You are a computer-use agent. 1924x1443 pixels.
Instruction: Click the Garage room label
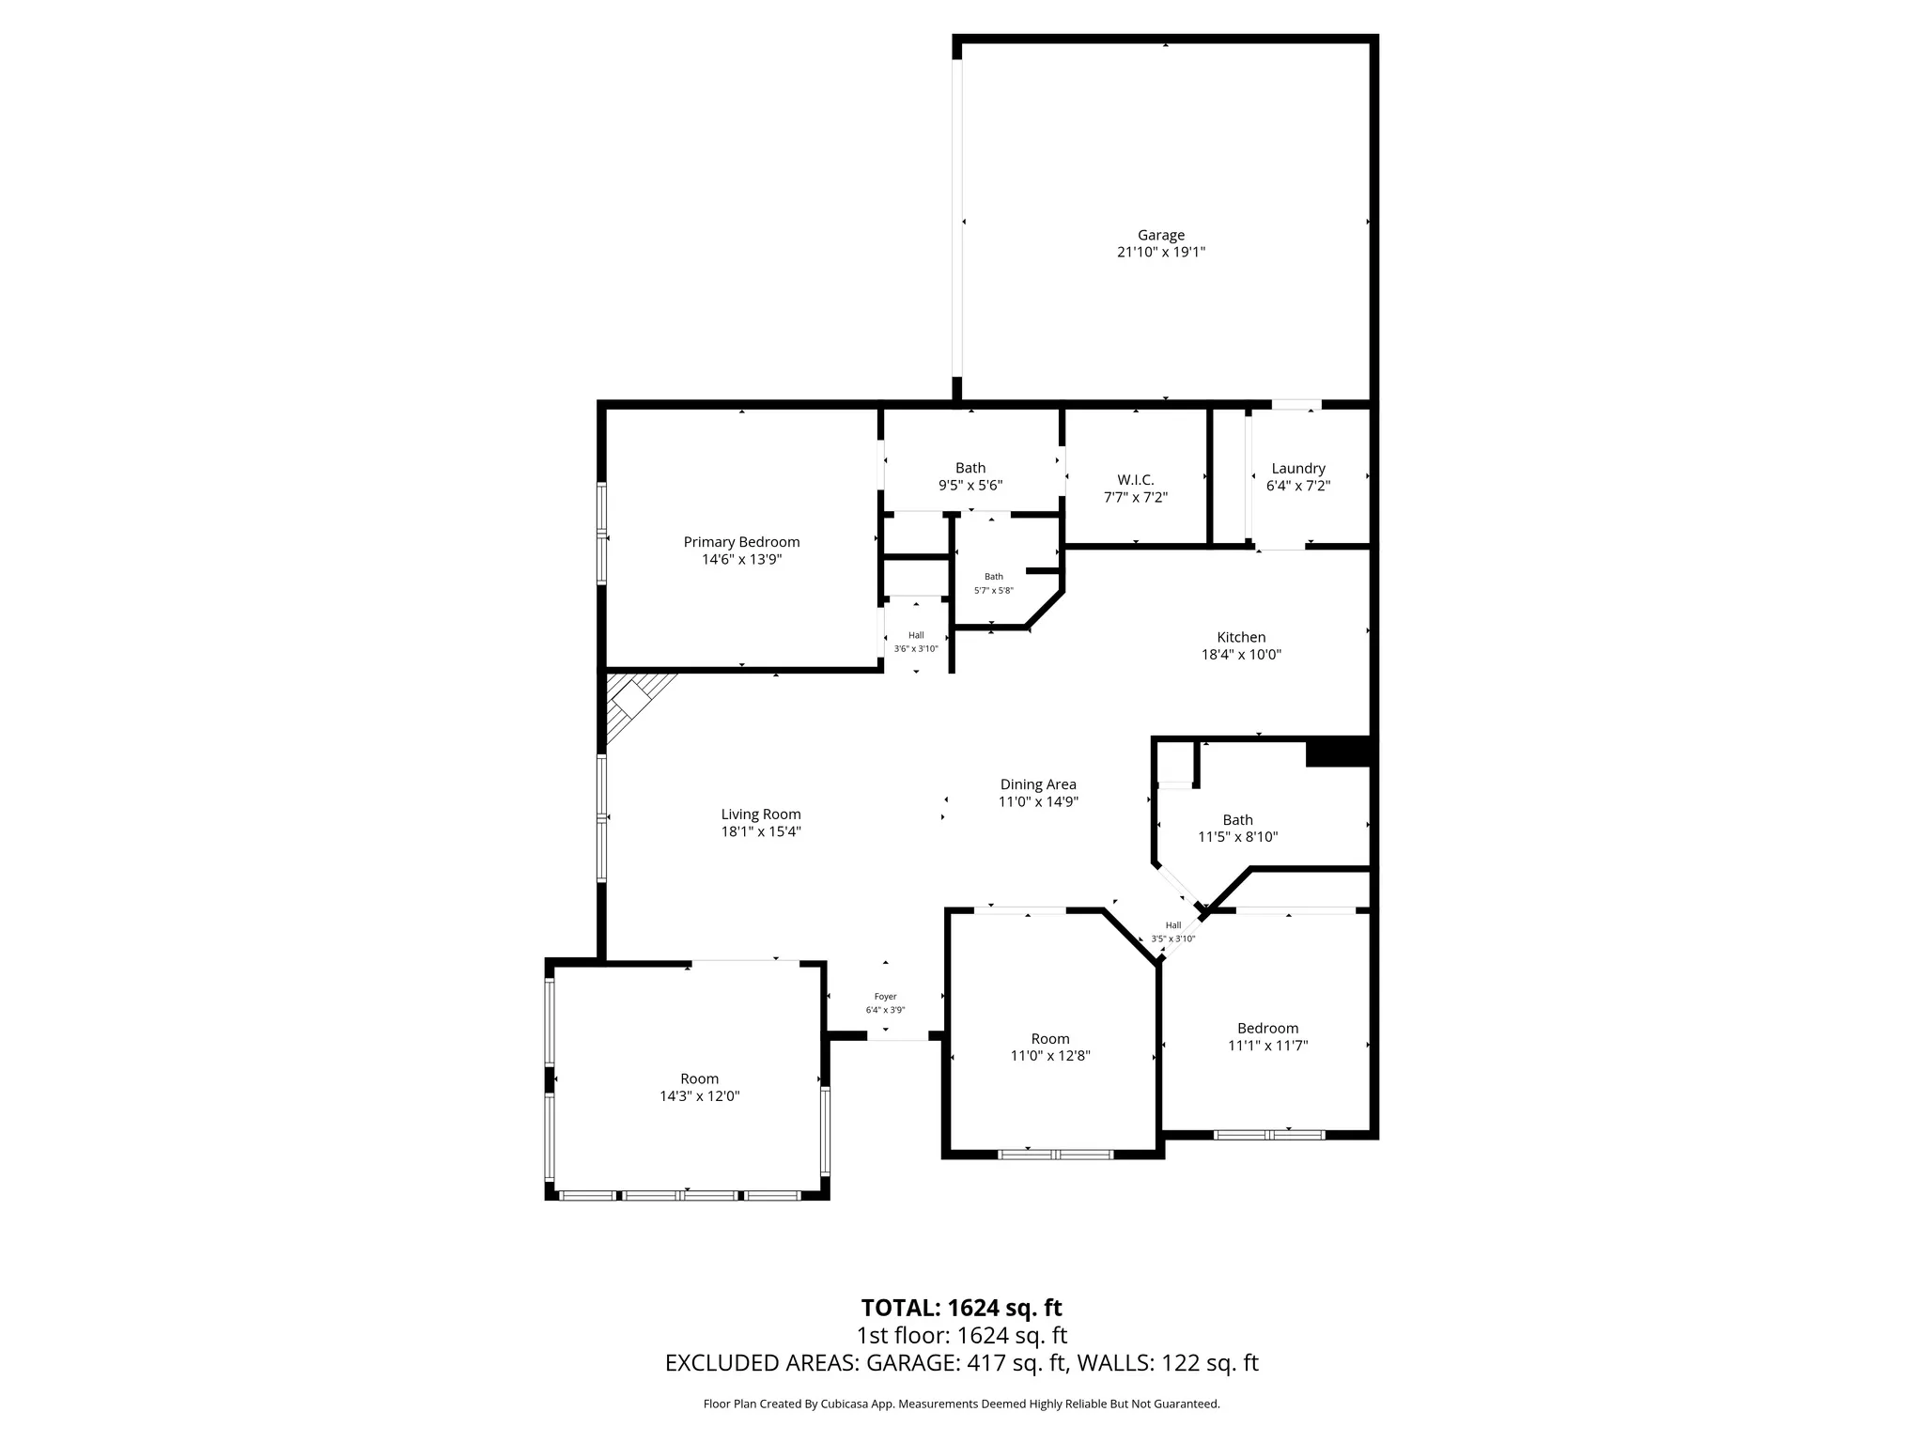[1160, 235]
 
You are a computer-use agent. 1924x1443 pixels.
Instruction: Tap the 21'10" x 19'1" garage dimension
[1160, 253]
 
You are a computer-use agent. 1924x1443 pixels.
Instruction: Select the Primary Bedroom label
[741, 542]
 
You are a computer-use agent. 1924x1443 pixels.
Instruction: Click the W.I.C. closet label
[1135, 480]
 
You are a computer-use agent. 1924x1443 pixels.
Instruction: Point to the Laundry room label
[1297, 469]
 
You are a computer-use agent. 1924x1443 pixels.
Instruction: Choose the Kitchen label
[1241, 637]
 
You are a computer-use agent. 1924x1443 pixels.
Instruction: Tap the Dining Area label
[1037, 784]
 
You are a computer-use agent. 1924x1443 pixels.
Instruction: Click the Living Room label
[761, 815]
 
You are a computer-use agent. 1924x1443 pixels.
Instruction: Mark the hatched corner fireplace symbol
[632, 701]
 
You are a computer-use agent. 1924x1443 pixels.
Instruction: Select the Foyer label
[885, 997]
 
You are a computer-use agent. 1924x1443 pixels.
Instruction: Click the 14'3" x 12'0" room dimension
[699, 1096]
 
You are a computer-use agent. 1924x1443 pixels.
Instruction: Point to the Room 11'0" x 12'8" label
[1049, 1039]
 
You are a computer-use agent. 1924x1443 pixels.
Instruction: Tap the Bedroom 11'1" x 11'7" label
[1267, 1029]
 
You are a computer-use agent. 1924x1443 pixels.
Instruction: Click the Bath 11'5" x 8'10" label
[1237, 820]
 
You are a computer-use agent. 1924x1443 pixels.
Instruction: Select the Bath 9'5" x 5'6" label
[970, 468]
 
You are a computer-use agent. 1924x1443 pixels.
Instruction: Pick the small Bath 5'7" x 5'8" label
[993, 577]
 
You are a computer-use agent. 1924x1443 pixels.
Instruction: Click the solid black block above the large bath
[1338, 753]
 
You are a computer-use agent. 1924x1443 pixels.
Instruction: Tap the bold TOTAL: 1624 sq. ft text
[961, 1308]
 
